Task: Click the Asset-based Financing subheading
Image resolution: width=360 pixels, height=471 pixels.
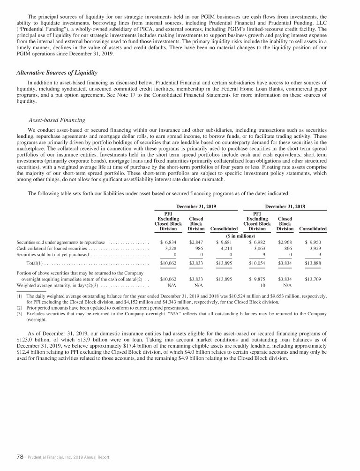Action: tap(57, 120)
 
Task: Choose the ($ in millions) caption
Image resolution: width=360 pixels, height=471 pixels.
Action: tap(240, 235)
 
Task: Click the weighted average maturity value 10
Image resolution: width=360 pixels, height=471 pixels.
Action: tap(262, 285)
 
